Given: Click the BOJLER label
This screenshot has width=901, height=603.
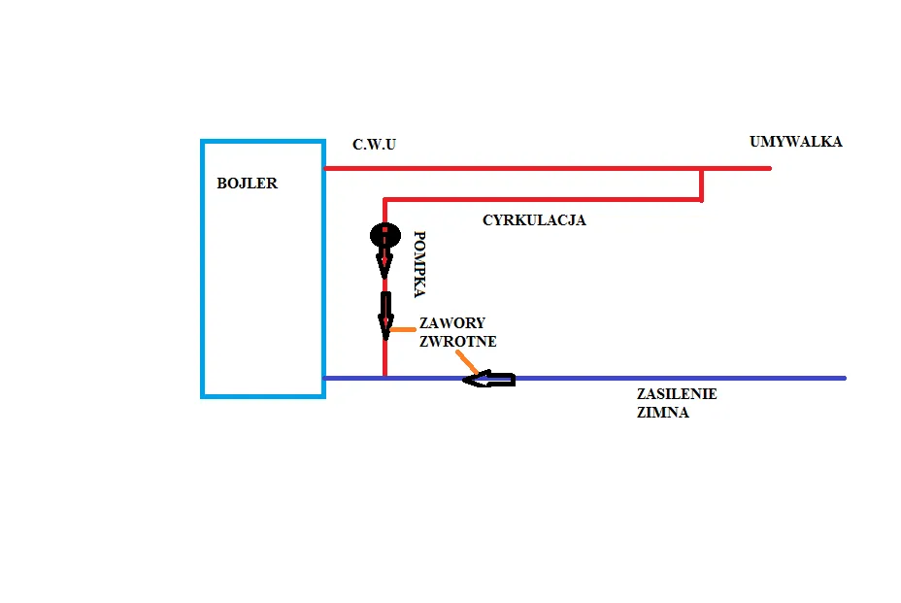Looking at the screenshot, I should pos(247,184).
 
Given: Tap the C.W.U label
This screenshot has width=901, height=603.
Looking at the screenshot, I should pos(374,145).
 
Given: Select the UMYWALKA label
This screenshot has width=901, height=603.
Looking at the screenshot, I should pos(795,142).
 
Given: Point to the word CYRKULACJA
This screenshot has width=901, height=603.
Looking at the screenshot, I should pos(534,220).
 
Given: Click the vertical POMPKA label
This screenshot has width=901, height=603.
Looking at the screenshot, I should pos(419,263).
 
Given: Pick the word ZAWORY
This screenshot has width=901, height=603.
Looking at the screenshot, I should pos(452,323).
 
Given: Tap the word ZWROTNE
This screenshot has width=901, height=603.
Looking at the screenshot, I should pos(458,342).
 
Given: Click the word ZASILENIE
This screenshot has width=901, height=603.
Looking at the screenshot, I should pos(677,394).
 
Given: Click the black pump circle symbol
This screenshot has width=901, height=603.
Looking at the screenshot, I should pos(384,235).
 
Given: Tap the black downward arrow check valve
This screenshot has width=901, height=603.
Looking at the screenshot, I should pos(385,313).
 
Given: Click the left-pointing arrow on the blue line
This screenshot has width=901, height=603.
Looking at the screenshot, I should pos(488,379).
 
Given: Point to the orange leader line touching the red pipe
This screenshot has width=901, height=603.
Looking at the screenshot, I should pos(401,329).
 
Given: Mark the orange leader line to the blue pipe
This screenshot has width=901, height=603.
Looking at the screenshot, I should pos(468,363).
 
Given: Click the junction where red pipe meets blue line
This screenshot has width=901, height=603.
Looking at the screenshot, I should pos(385,377).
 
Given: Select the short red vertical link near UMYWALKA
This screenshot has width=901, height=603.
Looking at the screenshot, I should pos(702,184).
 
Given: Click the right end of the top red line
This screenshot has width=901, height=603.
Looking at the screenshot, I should pos(769,168).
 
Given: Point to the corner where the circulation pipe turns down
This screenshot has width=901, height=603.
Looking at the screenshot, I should pos(385,201).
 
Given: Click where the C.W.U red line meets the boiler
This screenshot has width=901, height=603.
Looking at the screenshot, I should pos(324,168).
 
